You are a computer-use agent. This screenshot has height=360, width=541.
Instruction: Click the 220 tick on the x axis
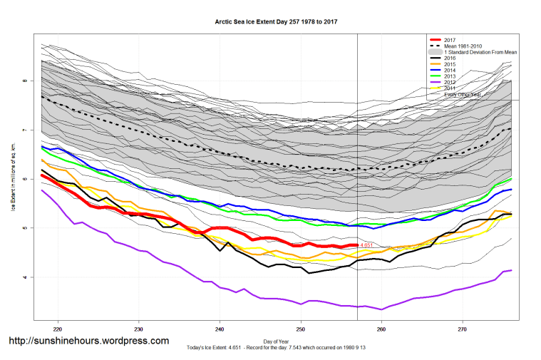(57, 329)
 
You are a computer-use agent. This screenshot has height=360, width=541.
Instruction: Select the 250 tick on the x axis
(301, 329)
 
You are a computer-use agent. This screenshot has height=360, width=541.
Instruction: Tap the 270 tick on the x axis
(463, 329)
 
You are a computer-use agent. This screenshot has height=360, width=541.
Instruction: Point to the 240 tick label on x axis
(220, 329)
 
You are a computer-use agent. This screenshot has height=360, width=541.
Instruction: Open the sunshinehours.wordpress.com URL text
(88, 341)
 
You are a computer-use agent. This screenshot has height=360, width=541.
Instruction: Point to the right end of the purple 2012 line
(511, 270)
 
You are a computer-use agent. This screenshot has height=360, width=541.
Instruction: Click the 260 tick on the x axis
(381, 329)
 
